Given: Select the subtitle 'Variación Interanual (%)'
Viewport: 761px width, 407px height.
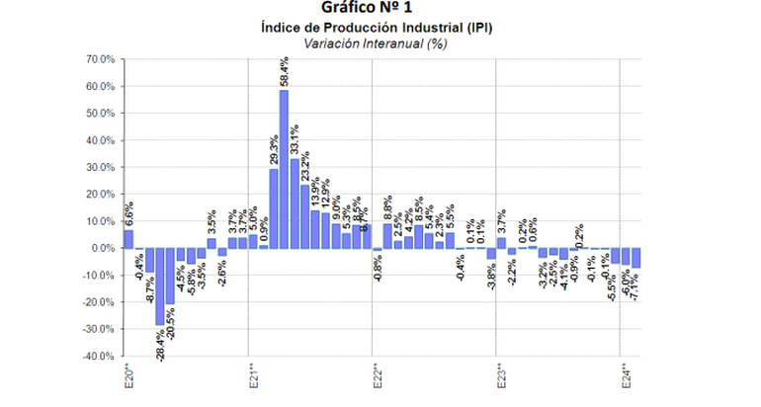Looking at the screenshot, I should pos(380,43).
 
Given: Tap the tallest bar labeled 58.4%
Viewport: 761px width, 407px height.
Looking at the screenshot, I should pos(284,168).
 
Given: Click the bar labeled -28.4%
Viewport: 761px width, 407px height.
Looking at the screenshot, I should pos(160,285).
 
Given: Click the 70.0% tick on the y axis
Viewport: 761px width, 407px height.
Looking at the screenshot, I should pos(100,59).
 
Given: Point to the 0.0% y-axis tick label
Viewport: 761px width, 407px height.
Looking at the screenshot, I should pos(102,248).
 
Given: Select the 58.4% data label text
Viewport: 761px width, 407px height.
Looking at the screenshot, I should pos(285,71).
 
